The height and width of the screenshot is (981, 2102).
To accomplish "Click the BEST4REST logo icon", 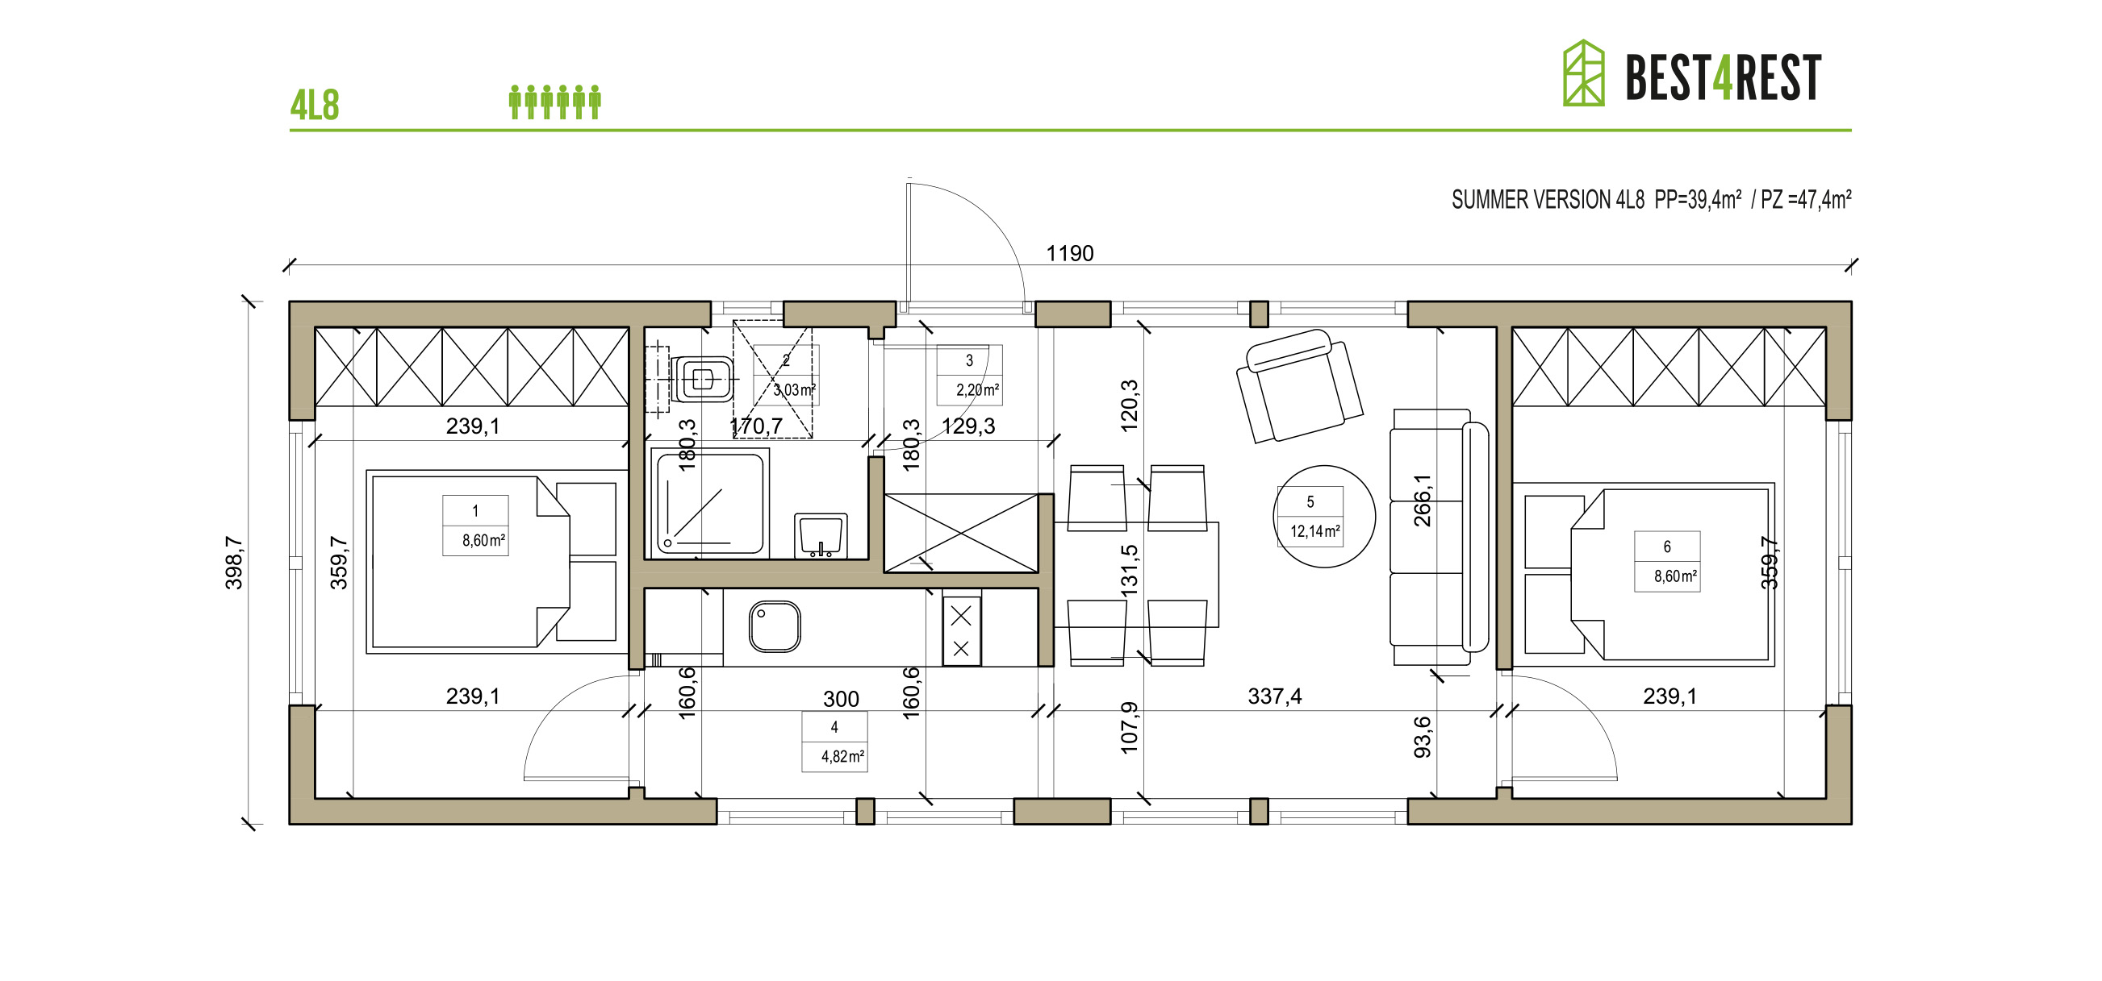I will [1582, 74].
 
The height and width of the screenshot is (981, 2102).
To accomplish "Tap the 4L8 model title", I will [314, 106].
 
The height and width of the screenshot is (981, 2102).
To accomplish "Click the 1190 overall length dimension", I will [1069, 254].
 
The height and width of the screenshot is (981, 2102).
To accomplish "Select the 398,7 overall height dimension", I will [234, 562].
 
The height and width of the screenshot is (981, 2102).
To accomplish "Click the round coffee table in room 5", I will [1323, 516].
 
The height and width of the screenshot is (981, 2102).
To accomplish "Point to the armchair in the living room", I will [1299, 385].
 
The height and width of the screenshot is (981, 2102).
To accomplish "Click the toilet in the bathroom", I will [701, 380].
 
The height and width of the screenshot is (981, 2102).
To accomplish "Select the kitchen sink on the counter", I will [775, 626].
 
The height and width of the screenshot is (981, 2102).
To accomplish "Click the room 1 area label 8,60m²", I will [483, 541].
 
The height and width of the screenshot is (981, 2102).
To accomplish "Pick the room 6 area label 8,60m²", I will [1674, 576].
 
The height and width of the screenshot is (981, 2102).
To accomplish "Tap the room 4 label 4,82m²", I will [842, 756].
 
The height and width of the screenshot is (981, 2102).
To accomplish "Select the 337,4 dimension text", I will [1274, 696].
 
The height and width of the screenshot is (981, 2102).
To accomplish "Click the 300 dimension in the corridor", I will [841, 699].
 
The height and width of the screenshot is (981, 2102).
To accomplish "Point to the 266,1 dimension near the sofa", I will [1423, 500].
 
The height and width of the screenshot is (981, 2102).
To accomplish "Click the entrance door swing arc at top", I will [992, 220].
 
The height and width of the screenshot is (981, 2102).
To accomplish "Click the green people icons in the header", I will [555, 102].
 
